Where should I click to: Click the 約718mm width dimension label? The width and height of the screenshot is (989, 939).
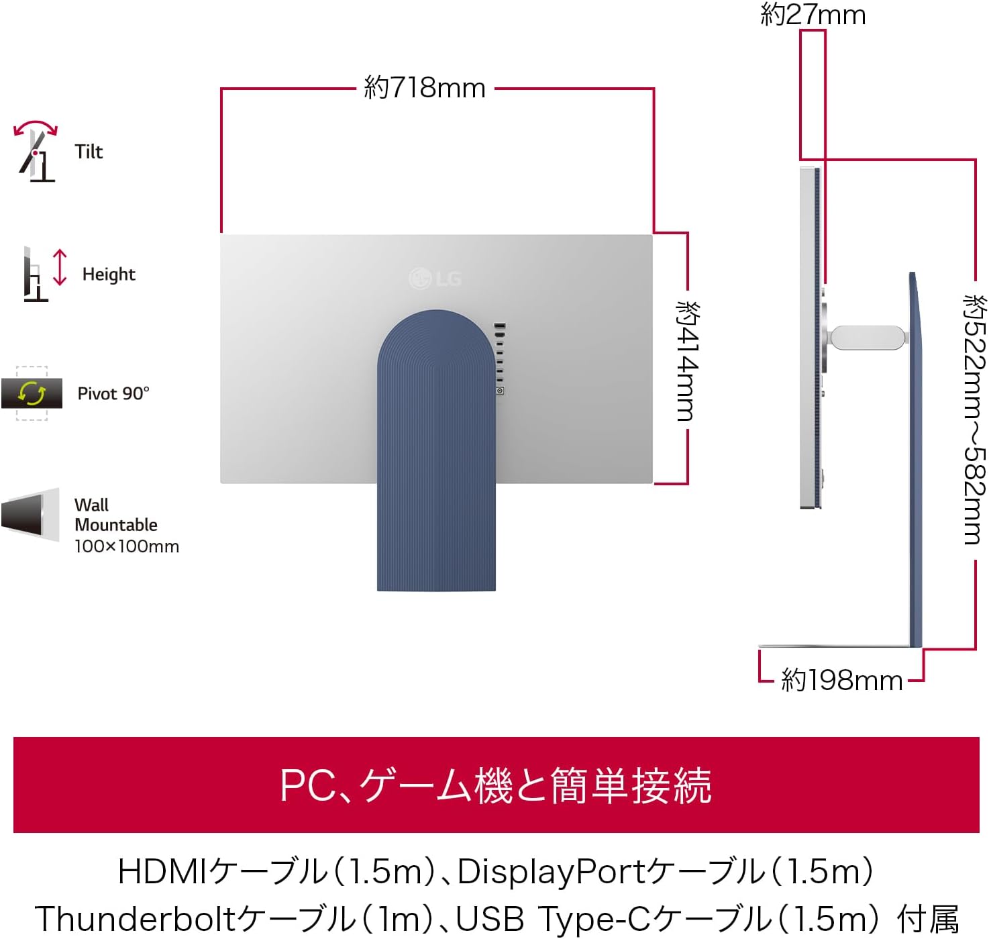point(425,88)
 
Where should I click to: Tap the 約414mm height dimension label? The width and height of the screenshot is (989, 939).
point(687,361)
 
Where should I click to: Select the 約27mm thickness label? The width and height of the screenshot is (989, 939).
point(813,15)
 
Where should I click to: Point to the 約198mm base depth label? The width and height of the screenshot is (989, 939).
point(841,681)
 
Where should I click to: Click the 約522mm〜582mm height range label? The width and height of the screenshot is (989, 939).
point(974,419)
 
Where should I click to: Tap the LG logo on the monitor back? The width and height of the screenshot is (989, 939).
point(435,279)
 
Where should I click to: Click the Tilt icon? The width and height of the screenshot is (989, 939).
point(35,151)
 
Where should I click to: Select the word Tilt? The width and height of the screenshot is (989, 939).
point(89,152)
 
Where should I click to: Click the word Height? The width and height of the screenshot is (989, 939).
point(109,275)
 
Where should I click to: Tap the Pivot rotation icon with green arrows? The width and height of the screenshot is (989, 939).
point(32,393)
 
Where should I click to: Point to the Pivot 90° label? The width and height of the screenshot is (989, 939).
point(113,393)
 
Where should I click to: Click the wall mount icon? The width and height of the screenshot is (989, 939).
point(31,515)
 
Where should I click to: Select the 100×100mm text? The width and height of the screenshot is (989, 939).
point(127,546)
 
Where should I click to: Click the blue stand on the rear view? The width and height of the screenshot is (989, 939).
point(436,450)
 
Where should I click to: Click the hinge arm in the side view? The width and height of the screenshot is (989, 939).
point(868,337)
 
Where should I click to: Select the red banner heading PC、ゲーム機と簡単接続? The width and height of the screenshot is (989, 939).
point(495,785)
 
